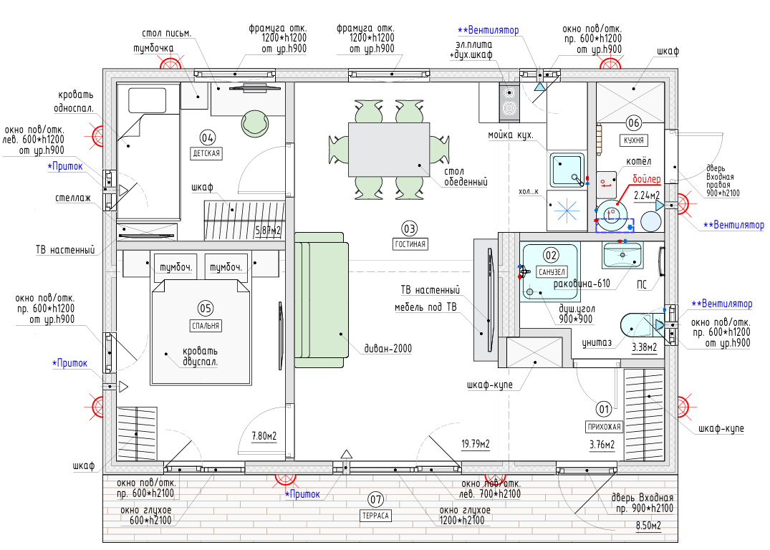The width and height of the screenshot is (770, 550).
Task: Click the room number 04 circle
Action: click(207, 137)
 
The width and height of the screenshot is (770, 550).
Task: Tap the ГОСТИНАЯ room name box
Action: click(410, 244)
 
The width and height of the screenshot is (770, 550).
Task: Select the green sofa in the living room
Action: click(322, 300)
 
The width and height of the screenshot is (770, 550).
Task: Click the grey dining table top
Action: click(389, 149)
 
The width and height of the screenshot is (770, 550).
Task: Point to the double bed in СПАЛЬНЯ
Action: click(201, 332)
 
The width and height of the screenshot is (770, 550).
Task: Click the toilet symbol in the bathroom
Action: click(642, 326)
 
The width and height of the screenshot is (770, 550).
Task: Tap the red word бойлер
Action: click(646, 179)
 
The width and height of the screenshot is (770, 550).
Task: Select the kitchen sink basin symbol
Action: click(567, 170)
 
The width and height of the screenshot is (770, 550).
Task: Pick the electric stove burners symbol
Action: click(510, 102)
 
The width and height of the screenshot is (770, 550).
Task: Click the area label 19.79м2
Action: click(476, 444)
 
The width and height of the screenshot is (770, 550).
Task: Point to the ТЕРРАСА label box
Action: click(375, 516)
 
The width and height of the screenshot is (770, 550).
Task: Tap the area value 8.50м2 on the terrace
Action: click(648, 526)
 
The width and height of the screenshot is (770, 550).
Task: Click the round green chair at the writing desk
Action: click(255, 124)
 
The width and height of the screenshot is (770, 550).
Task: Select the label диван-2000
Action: click(388, 349)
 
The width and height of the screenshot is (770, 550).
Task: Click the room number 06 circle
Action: click(633, 123)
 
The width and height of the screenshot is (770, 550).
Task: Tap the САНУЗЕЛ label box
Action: click(552, 271)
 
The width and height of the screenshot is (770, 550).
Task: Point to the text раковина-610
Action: click(582, 284)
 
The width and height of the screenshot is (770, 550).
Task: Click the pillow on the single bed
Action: click(148, 101)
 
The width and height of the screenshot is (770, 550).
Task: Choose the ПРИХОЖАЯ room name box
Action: click(604, 427)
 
